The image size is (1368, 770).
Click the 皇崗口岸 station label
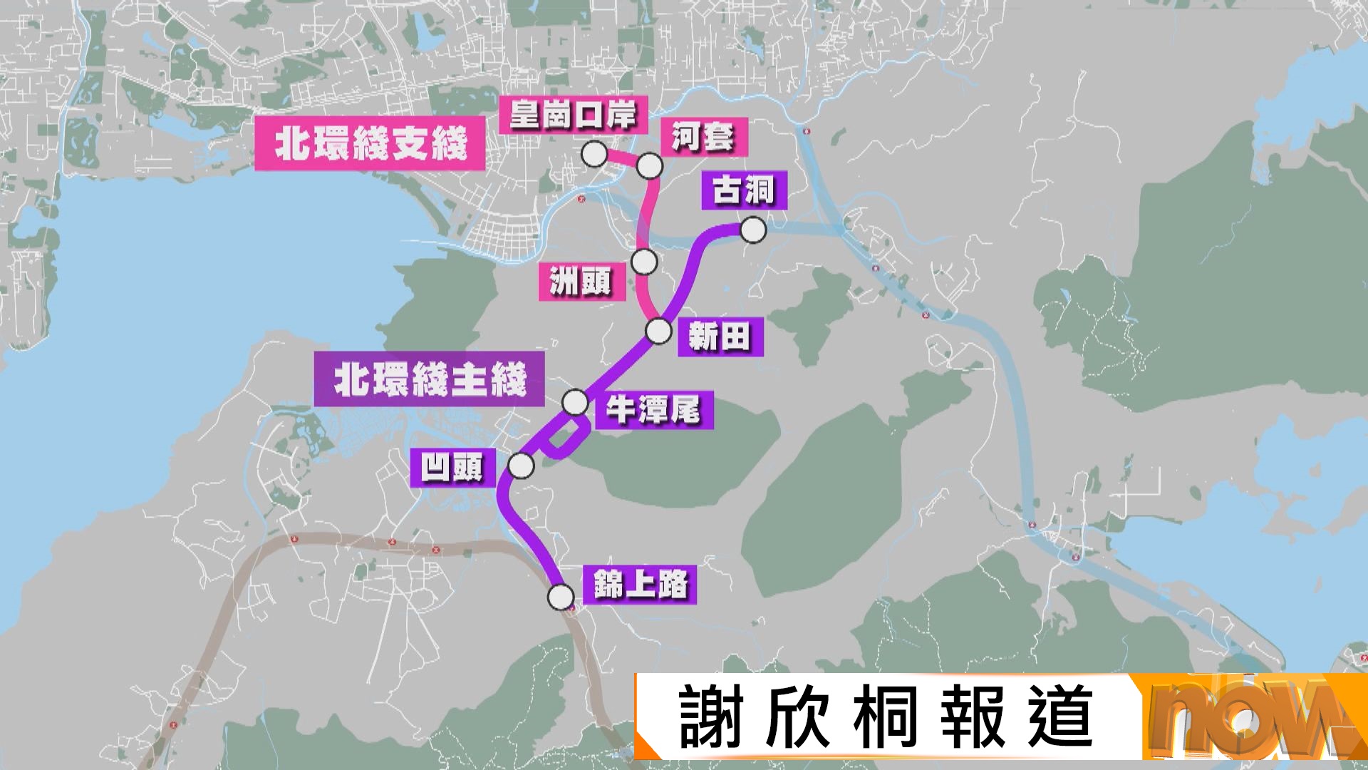click(573, 115)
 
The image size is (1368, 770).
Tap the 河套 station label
click(703, 137)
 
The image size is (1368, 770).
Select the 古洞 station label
click(744, 190)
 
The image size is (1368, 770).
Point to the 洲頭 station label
click(581, 281)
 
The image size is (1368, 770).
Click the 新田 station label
click(720, 337)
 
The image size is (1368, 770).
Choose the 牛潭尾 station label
click(653, 410)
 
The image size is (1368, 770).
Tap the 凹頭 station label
click(452, 468)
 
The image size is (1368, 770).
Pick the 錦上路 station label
click(640, 585)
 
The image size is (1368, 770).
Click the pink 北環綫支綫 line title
click(370, 143)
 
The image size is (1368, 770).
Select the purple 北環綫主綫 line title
click(430, 379)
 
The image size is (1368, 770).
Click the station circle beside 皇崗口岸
click(594, 154)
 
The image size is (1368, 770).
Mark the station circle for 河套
click(649, 166)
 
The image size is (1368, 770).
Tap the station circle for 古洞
click(753, 230)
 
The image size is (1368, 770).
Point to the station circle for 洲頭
click(644, 262)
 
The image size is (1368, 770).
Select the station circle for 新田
click(658, 331)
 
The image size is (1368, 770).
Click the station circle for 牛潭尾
click(575, 402)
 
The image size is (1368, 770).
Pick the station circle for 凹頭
click(521, 466)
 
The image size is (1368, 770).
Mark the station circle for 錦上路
click(561, 596)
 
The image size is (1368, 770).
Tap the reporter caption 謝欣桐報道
click(886, 717)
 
